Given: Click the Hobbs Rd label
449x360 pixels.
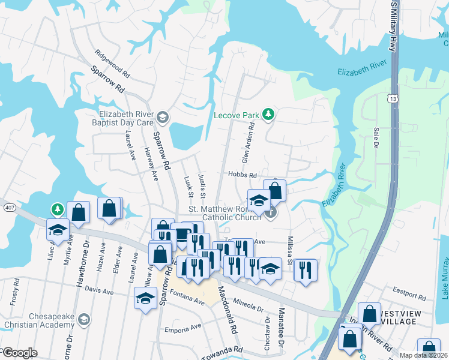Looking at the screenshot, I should pos(242,175).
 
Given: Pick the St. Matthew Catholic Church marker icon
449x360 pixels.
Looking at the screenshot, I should pos(271,212).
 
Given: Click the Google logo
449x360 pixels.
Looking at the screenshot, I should pos(19,352).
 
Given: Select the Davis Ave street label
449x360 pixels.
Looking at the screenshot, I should pos(99,291).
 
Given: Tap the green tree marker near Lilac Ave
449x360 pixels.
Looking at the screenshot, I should pos(57,209).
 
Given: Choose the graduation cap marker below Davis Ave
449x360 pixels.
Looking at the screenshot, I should pos(145,298).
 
